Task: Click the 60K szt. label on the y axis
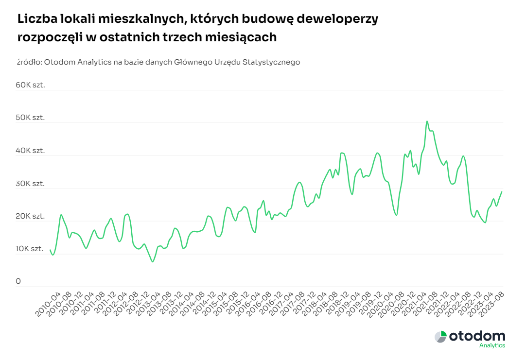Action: (30, 85)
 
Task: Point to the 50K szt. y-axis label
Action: (30, 118)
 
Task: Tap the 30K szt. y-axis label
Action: (30, 184)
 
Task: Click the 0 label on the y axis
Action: (18, 281)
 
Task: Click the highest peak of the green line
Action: (427, 121)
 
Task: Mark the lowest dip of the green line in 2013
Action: (153, 262)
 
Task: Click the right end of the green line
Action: (502, 192)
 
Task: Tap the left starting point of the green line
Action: (50, 250)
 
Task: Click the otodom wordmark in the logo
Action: (477, 336)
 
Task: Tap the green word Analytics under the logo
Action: (491, 345)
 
